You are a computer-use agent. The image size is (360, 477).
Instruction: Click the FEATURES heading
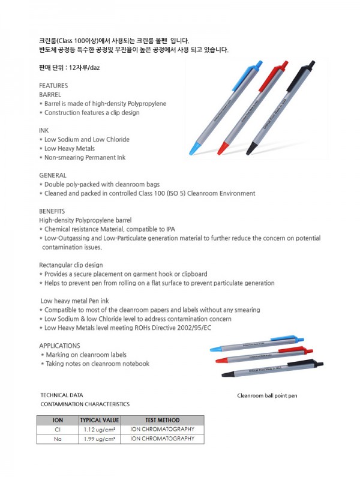click(53, 86)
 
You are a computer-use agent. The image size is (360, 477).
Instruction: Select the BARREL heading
click(50, 95)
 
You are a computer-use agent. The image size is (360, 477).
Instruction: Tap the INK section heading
click(44, 130)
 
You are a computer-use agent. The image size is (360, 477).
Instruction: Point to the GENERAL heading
click(53, 175)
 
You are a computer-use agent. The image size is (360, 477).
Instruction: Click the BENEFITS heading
click(52, 211)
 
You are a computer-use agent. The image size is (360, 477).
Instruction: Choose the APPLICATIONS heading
click(59, 346)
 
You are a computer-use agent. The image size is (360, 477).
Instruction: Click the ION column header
click(58, 420)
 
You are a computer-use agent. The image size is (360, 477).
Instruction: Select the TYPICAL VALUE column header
click(100, 420)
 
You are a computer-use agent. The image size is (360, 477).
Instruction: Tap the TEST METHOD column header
click(162, 420)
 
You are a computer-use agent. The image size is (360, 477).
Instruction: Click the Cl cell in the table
click(58, 430)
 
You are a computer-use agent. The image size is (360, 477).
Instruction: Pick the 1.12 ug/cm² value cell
click(100, 430)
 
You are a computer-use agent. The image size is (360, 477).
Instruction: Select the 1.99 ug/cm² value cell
click(100, 439)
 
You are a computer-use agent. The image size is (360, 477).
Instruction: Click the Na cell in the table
click(58, 439)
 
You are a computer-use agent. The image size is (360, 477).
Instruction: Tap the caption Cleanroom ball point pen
click(267, 396)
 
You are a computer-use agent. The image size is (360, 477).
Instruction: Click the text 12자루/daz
click(83, 67)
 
